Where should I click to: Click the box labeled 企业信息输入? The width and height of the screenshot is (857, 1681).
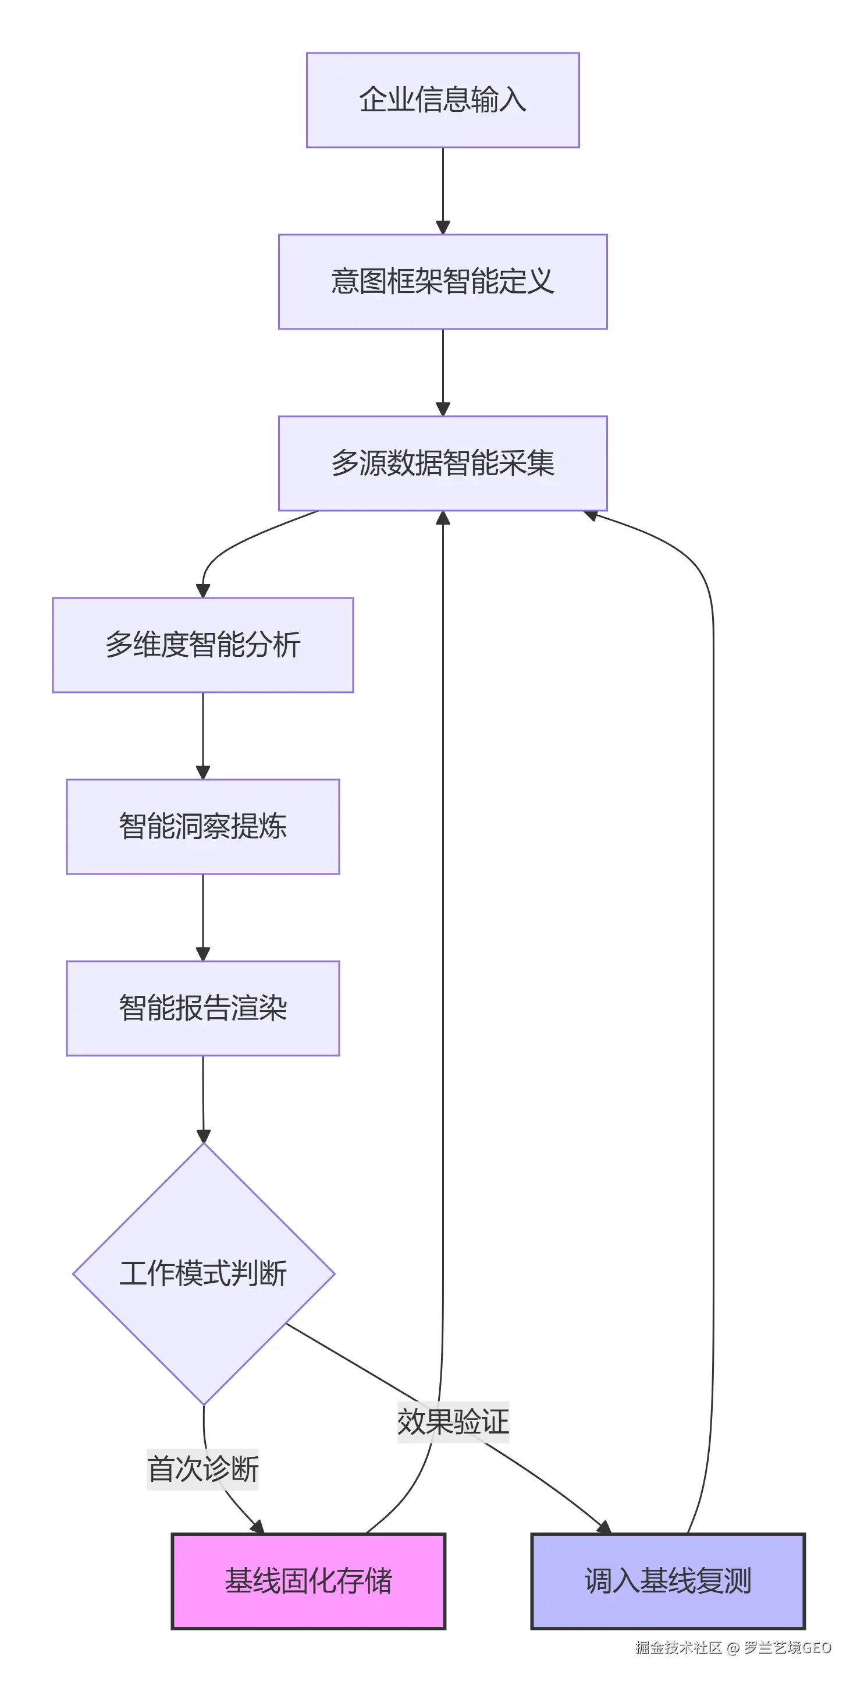click(443, 100)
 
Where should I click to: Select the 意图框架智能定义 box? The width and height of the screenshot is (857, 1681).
click(443, 281)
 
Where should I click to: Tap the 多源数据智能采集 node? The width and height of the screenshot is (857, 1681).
click(443, 463)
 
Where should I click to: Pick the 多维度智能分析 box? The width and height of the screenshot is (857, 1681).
click(203, 645)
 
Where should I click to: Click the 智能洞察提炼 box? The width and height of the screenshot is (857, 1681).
click(203, 826)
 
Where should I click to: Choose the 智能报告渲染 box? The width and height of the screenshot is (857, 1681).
click(203, 1007)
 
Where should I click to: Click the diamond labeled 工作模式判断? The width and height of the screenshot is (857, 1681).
click(203, 1273)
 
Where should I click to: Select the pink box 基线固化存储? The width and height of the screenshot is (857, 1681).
click(308, 1580)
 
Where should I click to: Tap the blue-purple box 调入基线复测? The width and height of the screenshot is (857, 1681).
click(668, 1580)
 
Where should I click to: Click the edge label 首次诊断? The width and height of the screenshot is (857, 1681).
click(203, 1469)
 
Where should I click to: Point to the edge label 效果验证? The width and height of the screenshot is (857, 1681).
click(453, 1421)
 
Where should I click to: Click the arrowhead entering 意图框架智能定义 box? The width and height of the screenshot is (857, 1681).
click(443, 228)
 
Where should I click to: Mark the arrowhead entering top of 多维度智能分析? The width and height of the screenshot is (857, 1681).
click(203, 590)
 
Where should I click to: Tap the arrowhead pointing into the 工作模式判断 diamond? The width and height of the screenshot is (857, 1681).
click(204, 1136)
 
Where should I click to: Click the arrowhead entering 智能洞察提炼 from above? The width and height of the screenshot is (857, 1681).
click(203, 773)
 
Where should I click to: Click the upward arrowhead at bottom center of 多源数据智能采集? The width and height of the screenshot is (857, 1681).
click(443, 518)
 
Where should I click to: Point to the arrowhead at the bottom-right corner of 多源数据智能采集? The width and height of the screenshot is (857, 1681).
click(591, 515)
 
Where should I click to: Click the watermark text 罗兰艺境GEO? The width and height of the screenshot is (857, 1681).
click(787, 1647)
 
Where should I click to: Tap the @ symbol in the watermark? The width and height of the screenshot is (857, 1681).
click(732, 1648)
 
